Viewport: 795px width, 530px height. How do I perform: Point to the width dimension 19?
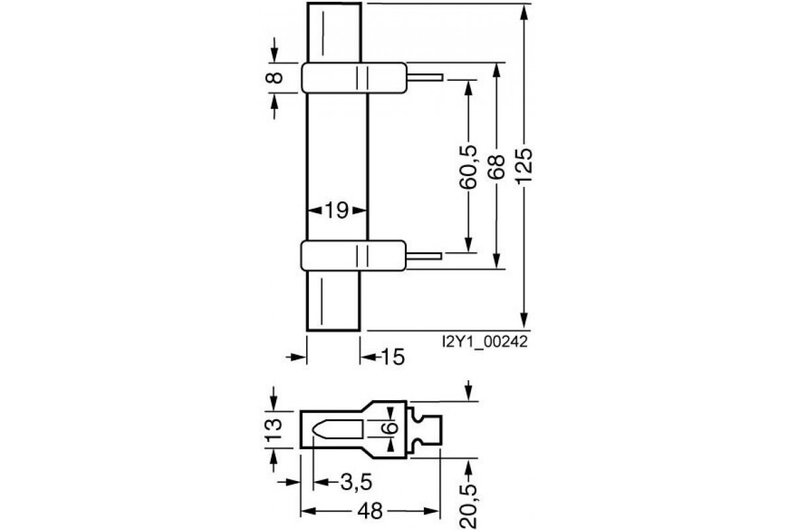click(x=337, y=211)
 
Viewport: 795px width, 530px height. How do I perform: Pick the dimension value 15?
click(x=393, y=358)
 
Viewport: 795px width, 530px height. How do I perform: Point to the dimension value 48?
click(x=371, y=512)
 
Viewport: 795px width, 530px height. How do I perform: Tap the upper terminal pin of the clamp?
click(x=425, y=77)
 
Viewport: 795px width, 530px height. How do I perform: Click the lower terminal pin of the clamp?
click(x=425, y=255)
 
